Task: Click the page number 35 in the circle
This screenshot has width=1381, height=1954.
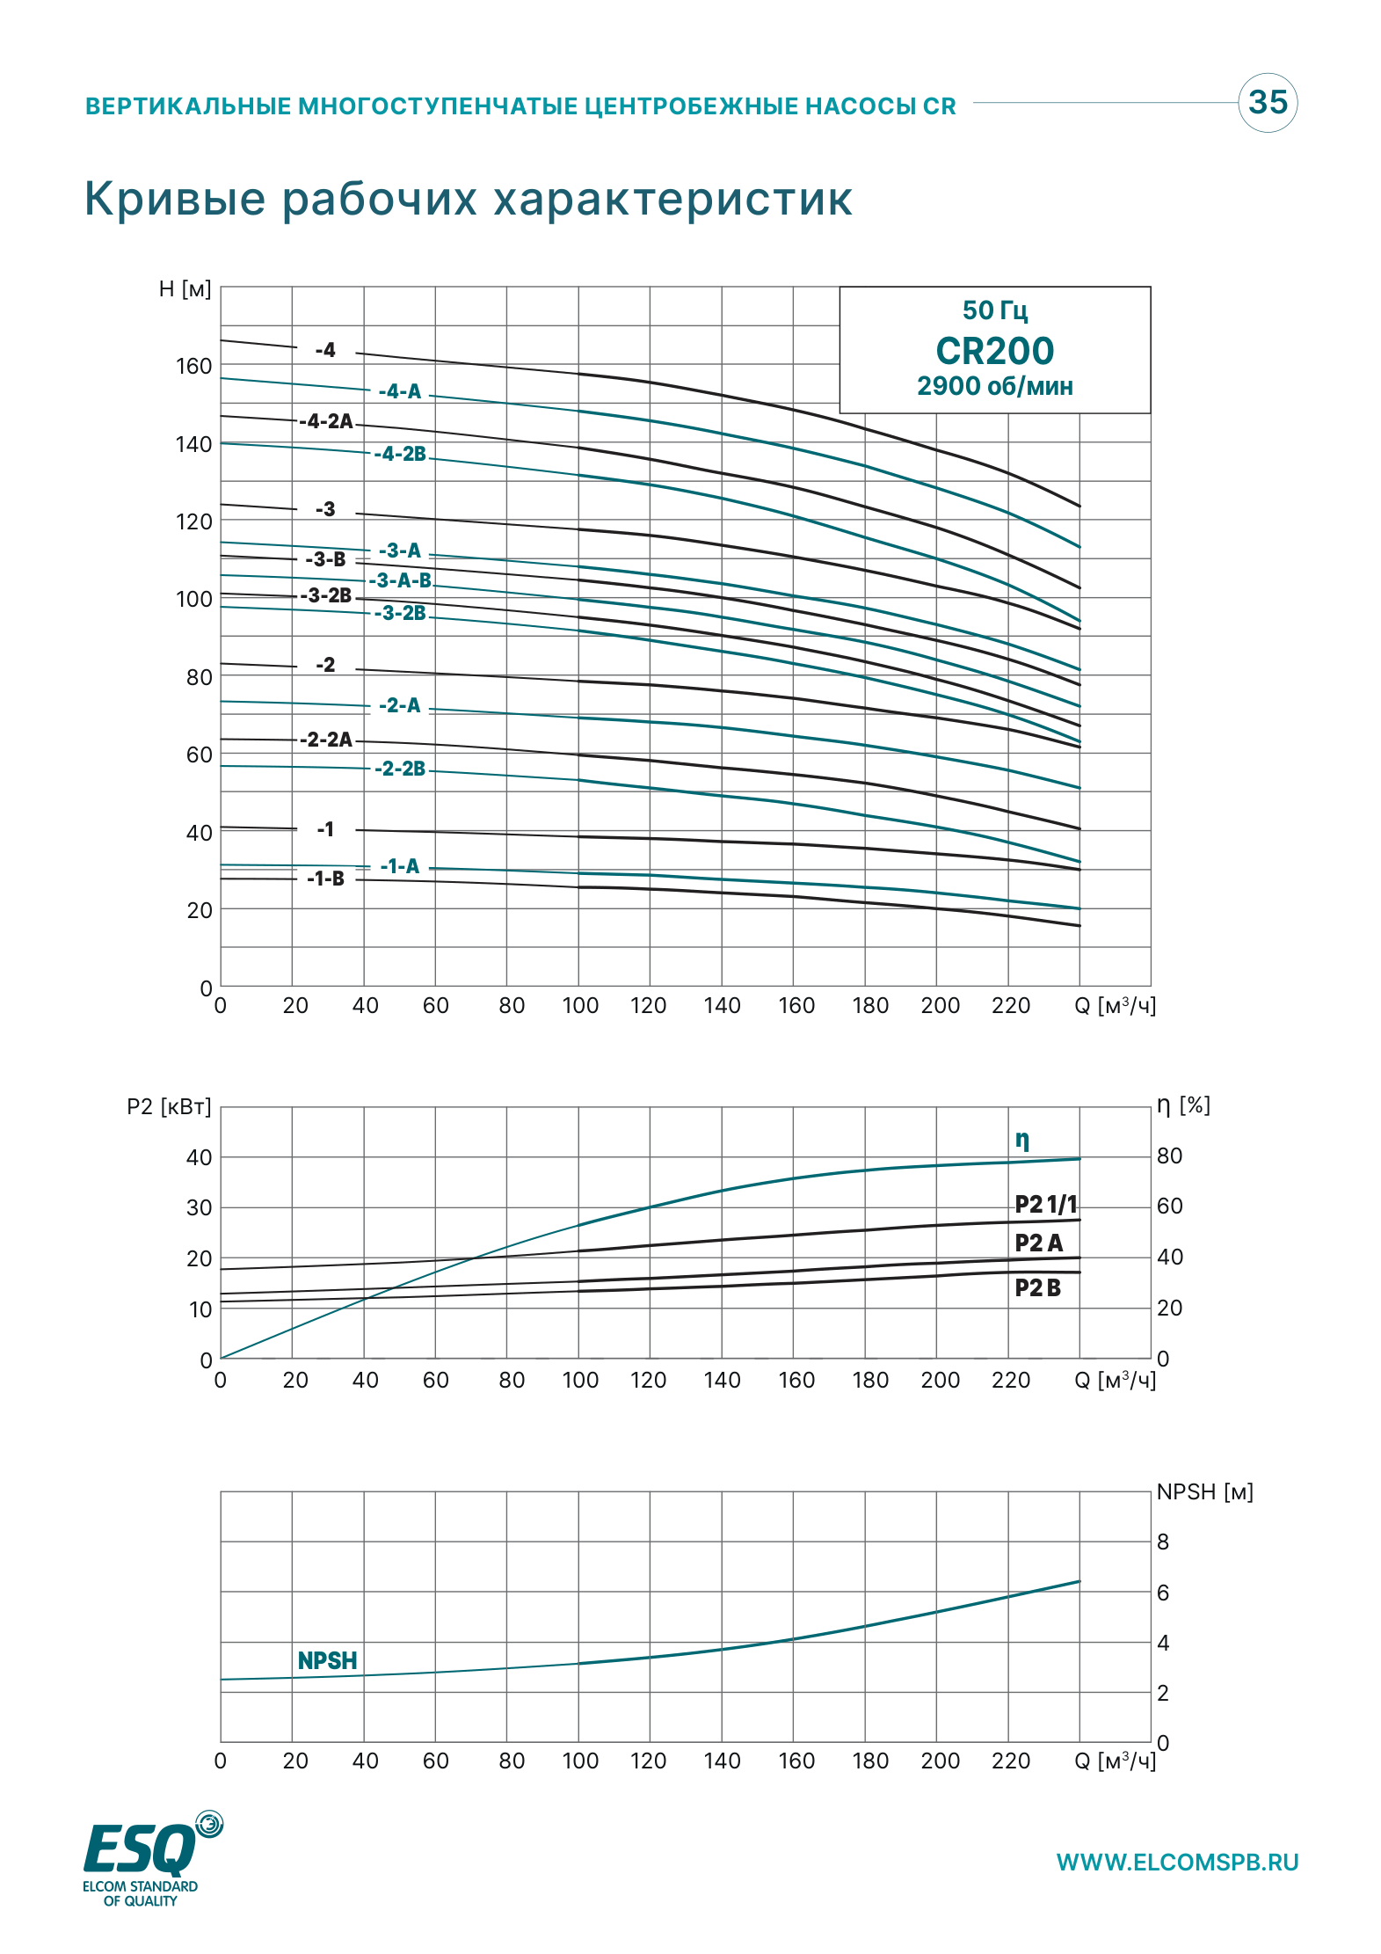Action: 1268,102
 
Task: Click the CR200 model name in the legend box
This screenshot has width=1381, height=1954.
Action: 994,351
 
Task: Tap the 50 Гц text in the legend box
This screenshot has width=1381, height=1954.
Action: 994,310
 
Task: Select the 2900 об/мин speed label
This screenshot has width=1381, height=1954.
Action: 994,386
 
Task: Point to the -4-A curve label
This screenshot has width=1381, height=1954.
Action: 400,391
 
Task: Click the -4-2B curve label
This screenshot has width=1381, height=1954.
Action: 400,454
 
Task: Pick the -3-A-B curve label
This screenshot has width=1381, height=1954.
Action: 400,580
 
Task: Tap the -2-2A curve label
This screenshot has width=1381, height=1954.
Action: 326,740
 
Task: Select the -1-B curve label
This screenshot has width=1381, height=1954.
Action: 326,879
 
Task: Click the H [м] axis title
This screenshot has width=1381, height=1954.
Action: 185,289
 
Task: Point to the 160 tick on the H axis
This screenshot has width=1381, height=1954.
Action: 194,366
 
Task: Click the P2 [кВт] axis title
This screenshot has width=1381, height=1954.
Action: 170,1106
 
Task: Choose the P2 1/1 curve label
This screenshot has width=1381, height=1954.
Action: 1046,1204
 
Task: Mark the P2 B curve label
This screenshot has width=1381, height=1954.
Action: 1038,1287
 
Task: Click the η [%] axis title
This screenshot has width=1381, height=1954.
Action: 1183,1105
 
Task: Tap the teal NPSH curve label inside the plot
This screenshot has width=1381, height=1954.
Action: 328,1660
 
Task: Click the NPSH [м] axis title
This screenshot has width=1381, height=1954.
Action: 1204,1491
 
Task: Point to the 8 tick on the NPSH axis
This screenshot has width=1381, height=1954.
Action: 1163,1542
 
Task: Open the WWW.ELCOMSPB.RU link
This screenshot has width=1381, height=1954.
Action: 1178,1863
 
